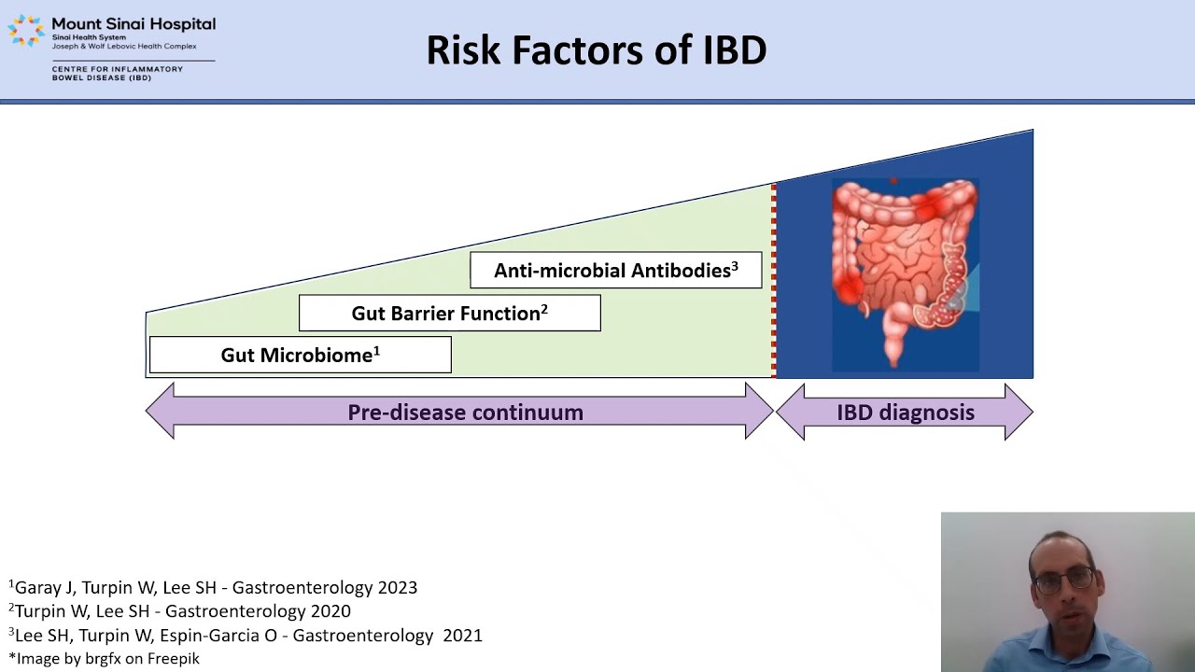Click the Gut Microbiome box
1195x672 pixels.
(300, 355)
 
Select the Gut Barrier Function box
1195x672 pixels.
(449, 314)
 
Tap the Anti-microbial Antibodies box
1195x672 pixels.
(616, 271)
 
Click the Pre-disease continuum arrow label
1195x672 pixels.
(465, 413)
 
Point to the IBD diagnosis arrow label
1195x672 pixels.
(905, 413)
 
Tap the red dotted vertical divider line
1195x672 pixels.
(774, 280)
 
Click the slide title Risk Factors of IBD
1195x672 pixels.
(597, 50)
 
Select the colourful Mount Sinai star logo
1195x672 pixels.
(26, 30)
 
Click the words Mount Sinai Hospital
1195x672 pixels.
(134, 23)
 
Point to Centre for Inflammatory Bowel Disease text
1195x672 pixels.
(118, 73)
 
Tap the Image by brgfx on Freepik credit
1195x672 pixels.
(104, 659)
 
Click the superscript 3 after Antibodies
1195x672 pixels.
(735, 266)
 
